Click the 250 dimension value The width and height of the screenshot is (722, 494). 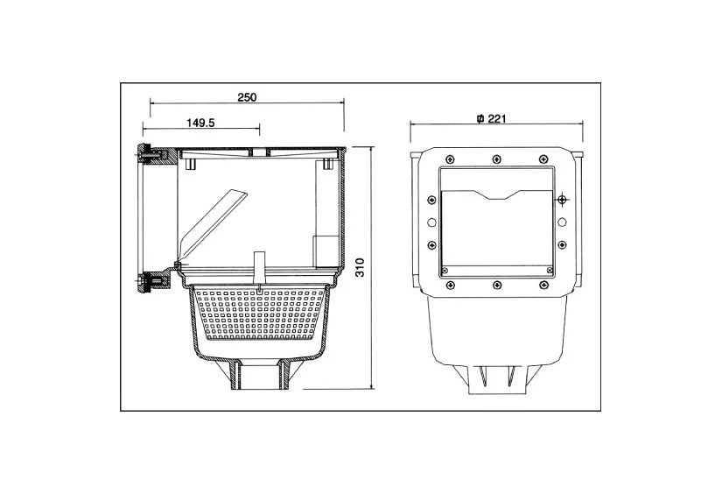247,97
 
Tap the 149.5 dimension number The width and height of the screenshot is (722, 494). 200,123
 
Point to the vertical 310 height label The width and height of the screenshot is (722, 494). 361,267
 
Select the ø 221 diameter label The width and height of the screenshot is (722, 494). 491,118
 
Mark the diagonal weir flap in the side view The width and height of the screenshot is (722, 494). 213,226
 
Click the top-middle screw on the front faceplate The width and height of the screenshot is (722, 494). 496,159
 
